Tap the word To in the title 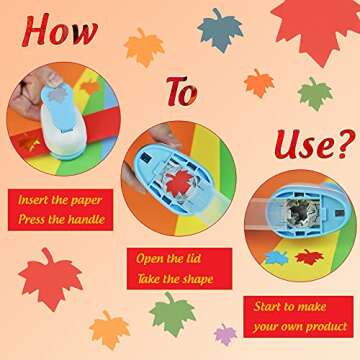(182, 92)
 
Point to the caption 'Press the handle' (60, 219)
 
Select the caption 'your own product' (300, 327)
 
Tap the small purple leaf (226, 332)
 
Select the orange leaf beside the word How (144, 45)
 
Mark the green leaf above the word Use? (315, 92)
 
